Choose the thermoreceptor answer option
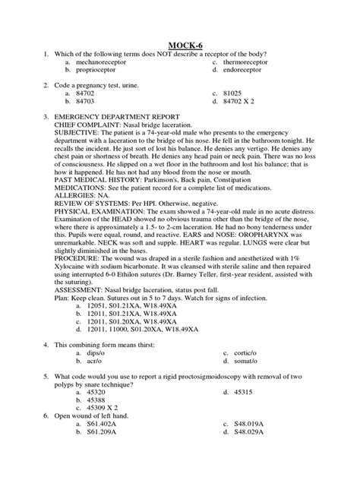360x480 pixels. pyautogui.click(x=260, y=60)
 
